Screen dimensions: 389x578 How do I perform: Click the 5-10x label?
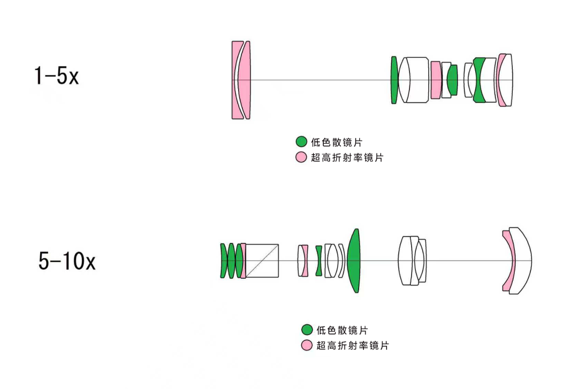(x=67, y=262)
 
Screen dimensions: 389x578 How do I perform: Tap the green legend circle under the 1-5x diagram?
(x=301, y=142)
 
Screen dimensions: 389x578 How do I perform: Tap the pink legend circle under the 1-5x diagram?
(x=301, y=158)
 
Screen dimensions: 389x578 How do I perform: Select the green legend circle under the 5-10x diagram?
(x=307, y=330)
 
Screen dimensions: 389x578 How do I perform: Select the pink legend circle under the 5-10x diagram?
(x=307, y=345)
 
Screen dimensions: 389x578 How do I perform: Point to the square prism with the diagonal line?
(x=263, y=261)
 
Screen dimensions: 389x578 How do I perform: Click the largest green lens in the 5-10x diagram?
(x=354, y=261)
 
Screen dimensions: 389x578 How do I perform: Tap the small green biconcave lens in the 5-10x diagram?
(x=319, y=261)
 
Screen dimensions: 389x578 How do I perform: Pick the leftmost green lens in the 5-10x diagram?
(x=223, y=261)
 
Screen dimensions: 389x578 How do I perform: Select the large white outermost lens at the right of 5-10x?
(x=522, y=261)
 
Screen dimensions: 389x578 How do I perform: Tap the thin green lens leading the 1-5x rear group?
(x=394, y=80)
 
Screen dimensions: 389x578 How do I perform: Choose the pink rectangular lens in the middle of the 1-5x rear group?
(x=436, y=80)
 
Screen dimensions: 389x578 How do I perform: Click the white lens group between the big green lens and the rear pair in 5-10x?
(x=413, y=261)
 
